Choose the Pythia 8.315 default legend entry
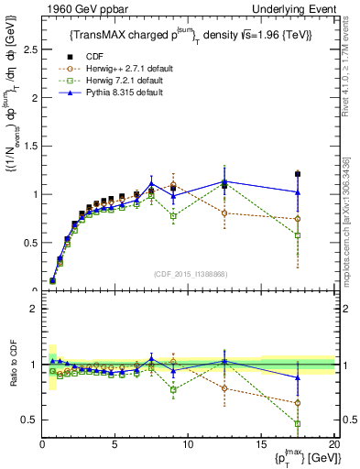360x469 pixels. coord(113,93)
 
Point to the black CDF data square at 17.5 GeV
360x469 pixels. coord(298,174)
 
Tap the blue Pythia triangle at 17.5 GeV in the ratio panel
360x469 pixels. coord(298,377)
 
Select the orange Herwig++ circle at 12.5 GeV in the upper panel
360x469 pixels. coord(224,213)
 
